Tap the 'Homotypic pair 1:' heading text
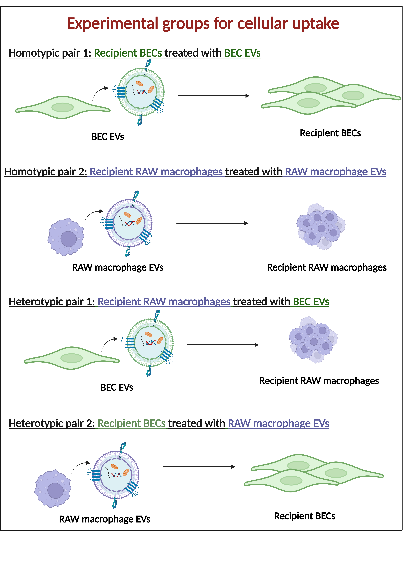(50, 53)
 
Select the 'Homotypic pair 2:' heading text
(46, 172)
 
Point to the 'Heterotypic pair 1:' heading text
(52, 302)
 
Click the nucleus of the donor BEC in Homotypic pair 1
(63, 107)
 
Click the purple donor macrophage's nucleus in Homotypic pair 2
(69, 239)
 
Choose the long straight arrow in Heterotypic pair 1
(223, 345)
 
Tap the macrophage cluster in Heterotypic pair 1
(313, 340)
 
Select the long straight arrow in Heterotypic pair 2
(199, 467)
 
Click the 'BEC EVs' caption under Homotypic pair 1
(108, 137)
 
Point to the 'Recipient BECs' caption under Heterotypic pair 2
(305, 516)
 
